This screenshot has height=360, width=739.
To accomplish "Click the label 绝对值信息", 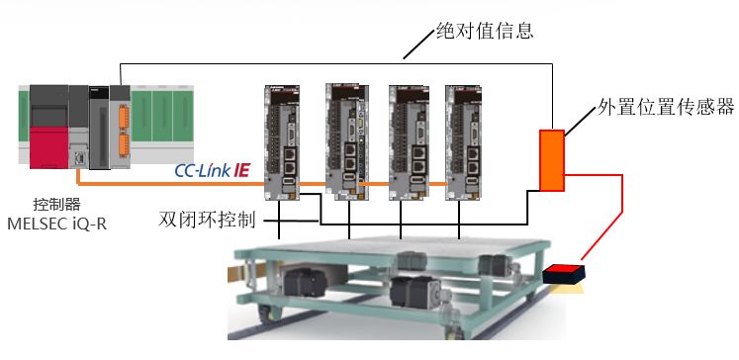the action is (x=485, y=31).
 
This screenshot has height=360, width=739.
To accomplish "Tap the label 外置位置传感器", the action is (x=666, y=107).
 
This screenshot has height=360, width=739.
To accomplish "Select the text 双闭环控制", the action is (x=207, y=220).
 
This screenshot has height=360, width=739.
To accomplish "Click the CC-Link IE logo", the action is (x=212, y=170).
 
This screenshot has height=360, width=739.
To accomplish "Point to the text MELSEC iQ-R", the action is (x=57, y=224).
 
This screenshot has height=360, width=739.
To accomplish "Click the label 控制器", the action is (x=57, y=204).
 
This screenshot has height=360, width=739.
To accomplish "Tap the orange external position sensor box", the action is (x=552, y=160).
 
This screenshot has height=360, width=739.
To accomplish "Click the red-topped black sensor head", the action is (x=564, y=274).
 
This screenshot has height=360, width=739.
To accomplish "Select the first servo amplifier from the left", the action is (x=282, y=142).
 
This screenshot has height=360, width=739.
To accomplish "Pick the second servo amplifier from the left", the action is (x=344, y=141).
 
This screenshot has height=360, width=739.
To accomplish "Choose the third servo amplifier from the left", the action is (x=410, y=142).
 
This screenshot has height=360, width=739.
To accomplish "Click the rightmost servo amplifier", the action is (x=464, y=142).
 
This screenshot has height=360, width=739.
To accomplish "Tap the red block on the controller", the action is (x=49, y=147).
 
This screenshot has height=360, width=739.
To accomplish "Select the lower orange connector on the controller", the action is (x=124, y=144).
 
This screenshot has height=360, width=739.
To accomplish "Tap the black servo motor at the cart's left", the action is (x=305, y=282).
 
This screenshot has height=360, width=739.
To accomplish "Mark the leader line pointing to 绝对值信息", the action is (x=419, y=45).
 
